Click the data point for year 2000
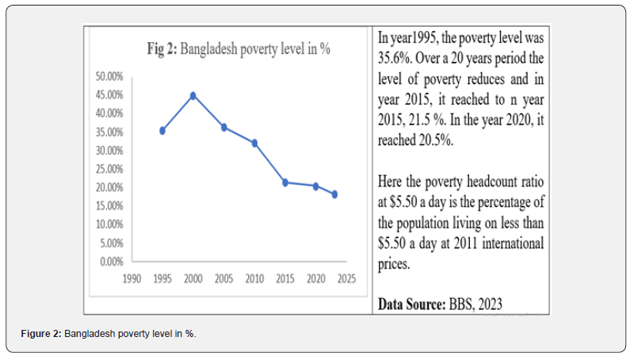[x=193, y=96]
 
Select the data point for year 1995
[x=162, y=130]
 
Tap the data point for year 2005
[x=223, y=127]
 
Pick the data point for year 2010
[x=254, y=143]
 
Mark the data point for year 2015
[x=285, y=182]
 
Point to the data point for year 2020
[x=315, y=186]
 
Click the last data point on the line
[x=334, y=194]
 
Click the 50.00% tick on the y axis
[x=109, y=77]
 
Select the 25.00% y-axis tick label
[x=109, y=169]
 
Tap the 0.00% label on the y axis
[x=111, y=262]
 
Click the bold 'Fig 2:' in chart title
[x=162, y=48]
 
